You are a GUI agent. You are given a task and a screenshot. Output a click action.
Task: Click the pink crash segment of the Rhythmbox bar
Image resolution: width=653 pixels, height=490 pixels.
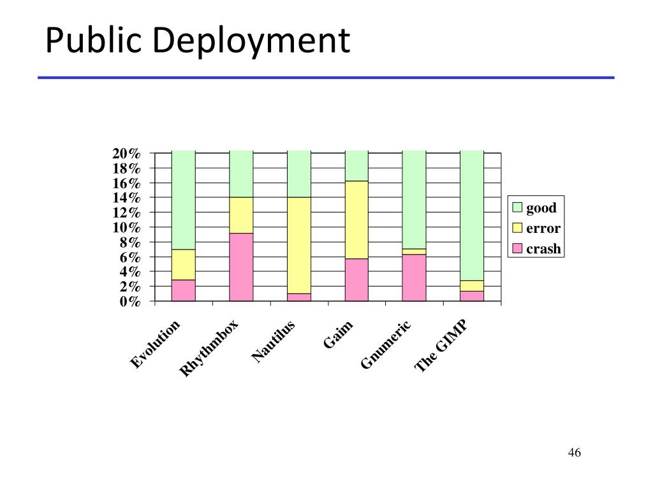pos(241,267)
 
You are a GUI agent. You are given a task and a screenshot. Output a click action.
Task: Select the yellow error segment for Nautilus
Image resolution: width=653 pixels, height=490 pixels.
pos(299,245)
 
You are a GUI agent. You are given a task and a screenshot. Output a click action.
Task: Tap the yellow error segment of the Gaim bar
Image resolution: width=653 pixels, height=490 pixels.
pos(356,219)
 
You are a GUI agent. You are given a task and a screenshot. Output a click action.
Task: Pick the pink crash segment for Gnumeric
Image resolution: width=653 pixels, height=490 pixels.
pos(414,278)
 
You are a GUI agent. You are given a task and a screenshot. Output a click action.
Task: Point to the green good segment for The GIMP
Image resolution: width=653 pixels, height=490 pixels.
pos(472,215)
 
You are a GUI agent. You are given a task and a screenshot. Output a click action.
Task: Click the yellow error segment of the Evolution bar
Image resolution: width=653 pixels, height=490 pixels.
pos(184,264)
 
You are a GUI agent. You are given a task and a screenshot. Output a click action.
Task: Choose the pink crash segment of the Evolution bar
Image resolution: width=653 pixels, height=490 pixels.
pos(184,290)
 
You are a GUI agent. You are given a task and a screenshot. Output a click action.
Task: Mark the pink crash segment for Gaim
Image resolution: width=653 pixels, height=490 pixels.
pos(356,279)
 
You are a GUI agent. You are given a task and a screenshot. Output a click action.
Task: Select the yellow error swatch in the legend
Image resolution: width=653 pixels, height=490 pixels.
pos(517,228)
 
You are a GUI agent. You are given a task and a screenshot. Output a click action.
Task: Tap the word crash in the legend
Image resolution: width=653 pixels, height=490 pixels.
pos(543,249)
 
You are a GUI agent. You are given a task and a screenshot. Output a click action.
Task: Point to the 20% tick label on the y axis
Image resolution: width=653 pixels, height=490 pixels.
pos(126,154)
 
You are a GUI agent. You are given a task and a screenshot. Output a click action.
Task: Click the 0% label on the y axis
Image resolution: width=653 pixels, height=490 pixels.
pos(130,301)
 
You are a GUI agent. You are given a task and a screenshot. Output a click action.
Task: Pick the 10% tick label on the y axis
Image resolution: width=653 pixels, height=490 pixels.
pos(126,228)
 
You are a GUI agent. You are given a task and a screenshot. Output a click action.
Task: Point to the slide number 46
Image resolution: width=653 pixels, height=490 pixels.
pos(574,453)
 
